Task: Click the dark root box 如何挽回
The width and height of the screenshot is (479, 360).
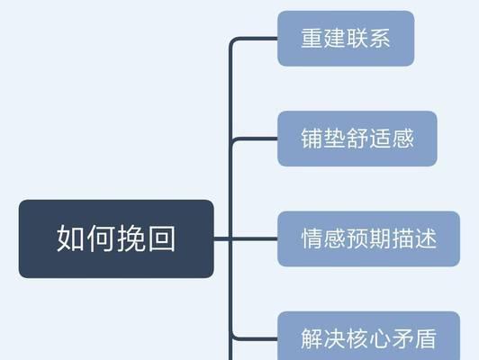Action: (x=116, y=238)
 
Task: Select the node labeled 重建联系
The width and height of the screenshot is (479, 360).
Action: (x=346, y=39)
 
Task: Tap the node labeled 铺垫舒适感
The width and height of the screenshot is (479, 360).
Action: (x=357, y=139)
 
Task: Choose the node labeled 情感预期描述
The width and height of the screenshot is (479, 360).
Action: (x=369, y=238)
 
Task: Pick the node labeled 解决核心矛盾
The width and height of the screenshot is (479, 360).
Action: (x=369, y=336)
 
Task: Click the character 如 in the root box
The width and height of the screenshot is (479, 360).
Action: (x=70, y=238)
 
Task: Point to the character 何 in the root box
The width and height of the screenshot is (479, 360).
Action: (x=101, y=238)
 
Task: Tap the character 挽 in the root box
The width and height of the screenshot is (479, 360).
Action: (x=131, y=238)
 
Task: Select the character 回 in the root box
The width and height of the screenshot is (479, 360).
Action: (x=162, y=238)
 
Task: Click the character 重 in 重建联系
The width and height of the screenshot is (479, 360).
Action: (x=312, y=38)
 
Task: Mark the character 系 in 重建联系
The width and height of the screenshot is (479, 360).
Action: (x=380, y=38)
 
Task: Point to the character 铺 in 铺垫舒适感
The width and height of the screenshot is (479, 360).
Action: (x=312, y=139)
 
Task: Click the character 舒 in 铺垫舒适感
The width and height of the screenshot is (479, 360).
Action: (x=357, y=139)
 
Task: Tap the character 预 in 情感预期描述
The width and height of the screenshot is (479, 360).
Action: (x=357, y=238)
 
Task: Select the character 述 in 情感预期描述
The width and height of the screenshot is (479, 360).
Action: (x=426, y=238)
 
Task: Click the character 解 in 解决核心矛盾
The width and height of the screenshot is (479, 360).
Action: (x=312, y=338)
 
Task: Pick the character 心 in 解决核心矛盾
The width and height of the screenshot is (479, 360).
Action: (x=380, y=338)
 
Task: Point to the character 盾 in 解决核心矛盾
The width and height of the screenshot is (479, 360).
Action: (x=426, y=338)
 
